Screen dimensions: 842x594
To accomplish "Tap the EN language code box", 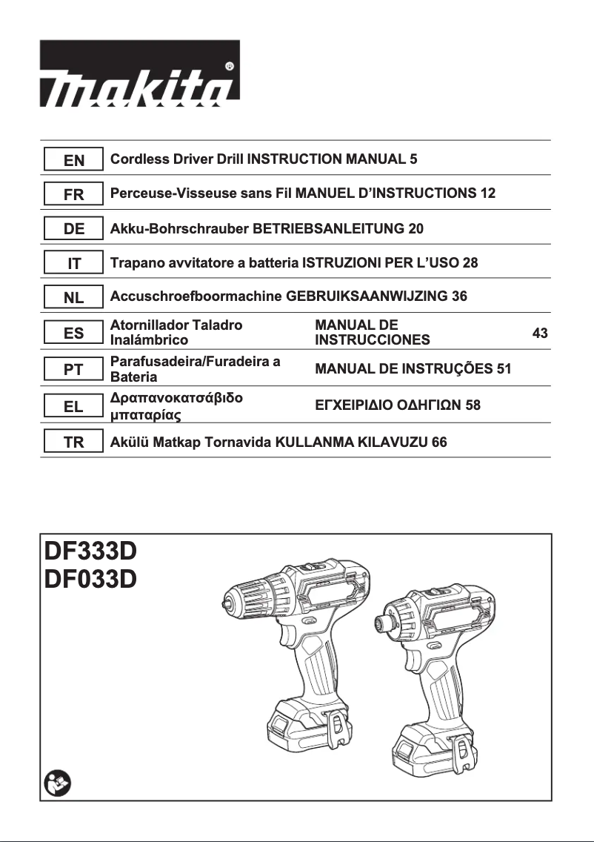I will click(74, 159).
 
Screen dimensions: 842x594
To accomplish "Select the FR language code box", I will click(74, 194).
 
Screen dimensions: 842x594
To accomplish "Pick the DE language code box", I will click(74, 229).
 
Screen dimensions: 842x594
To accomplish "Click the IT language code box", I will click(74, 263).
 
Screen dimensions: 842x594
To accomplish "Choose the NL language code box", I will click(74, 298).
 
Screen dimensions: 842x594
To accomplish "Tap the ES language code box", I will click(74, 334).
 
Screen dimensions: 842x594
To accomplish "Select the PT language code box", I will click(74, 369).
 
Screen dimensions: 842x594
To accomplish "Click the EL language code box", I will click(74, 405).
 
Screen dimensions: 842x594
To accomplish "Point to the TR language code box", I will click(74, 442).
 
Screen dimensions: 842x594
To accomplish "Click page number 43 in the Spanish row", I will click(540, 334).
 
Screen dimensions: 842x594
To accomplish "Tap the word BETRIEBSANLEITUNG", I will click(329, 229).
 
